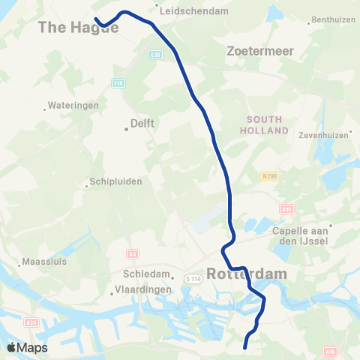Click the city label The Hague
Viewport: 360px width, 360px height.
78,28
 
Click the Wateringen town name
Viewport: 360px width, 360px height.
73,106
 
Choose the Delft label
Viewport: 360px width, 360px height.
142,122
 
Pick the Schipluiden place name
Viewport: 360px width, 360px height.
115,181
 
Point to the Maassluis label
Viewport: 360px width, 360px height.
45,263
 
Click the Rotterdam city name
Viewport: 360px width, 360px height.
247,274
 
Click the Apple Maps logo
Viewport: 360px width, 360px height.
27,348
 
